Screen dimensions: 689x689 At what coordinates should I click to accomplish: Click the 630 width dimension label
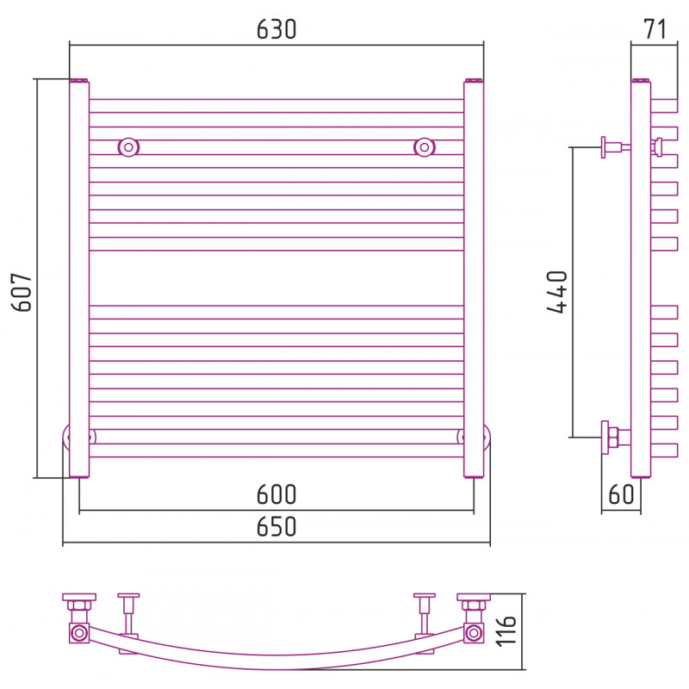click(x=276, y=29)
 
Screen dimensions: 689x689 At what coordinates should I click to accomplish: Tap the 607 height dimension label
click(x=22, y=292)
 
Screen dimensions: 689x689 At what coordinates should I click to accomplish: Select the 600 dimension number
click(x=276, y=494)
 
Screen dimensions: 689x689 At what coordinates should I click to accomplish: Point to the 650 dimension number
click(x=276, y=526)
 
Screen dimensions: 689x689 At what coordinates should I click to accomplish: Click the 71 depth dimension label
click(x=655, y=29)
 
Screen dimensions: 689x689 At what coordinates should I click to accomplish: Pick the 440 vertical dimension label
click(x=557, y=292)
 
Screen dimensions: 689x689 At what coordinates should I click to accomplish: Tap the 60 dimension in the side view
click(x=621, y=493)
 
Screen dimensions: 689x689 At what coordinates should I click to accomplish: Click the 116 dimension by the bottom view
click(x=506, y=631)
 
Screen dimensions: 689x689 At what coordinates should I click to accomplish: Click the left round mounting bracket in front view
click(x=128, y=147)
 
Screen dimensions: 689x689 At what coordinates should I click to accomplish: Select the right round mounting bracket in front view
click(x=424, y=147)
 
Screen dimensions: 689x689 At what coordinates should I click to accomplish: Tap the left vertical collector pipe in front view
click(x=79, y=278)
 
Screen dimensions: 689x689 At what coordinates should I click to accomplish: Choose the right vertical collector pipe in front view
click(x=474, y=278)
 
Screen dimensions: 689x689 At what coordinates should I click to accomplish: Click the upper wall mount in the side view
click(x=615, y=147)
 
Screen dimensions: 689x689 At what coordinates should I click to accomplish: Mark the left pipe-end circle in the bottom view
click(x=79, y=633)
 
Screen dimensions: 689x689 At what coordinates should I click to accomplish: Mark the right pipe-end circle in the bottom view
click(x=474, y=633)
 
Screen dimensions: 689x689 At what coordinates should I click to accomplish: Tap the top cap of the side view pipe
click(x=641, y=80)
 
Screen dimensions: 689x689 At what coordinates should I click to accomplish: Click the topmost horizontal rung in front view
click(x=276, y=106)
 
